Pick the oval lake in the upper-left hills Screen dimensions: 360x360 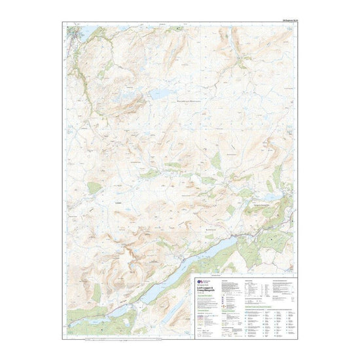pyautogui.click(x=159, y=94)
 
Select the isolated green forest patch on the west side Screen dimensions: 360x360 pyautogui.click(x=94, y=188)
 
